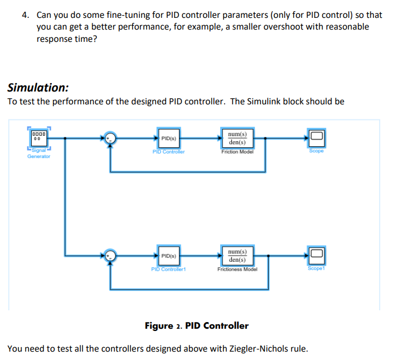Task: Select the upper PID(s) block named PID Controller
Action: tap(168, 138)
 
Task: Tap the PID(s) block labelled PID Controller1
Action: tap(168, 256)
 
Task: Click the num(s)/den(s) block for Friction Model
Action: tap(237, 138)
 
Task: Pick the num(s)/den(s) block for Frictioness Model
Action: tap(239, 256)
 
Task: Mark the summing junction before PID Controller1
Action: tap(111, 256)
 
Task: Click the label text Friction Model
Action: tap(237, 151)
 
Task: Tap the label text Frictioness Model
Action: tap(238, 269)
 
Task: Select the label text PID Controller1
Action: tap(168, 269)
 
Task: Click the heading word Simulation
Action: tap(38, 88)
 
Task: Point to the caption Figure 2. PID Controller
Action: tap(196, 325)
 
